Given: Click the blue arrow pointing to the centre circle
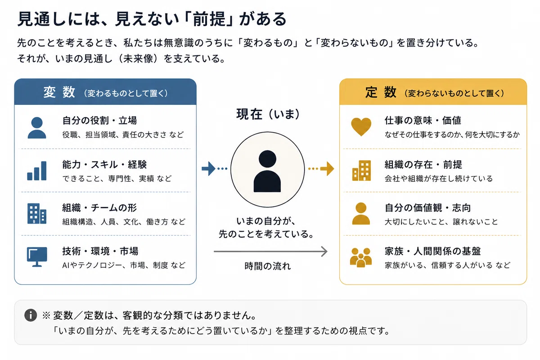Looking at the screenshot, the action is pyautogui.click(x=209, y=168).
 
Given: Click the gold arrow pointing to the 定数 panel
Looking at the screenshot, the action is pyautogui.click(x=327, y=168).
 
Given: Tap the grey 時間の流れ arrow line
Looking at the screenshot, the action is pyautogui.click(x=270, y=252).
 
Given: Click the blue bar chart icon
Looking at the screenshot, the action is pyautogui.click(x=36, y=171).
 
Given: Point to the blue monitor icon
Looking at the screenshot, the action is pyautogui.click(x=37, y=257).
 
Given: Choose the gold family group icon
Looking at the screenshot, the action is pyautogui.click(x=360, y=257).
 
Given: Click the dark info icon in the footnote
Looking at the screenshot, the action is pyautogui.click(x=31, y=315).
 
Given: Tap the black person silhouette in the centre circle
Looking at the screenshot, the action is pyautogui.click(x=267, y=171).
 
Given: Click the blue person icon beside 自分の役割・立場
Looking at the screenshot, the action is pyautogui.click(x=37, y=128).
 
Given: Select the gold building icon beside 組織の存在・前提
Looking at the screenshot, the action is pyautogui.click(x=361, y=171).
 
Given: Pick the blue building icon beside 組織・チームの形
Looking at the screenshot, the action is pyautogui.click(x=37, y=214).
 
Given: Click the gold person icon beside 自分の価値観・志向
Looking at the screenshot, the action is pyautogui.click(x=361, y=214).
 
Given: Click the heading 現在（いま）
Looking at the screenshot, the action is pyautogui.click(x=268, y=114).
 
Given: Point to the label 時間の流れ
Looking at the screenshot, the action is pyautogui.click(x=268, y=266).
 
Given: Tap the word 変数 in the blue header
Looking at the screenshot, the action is pyautogui.click(x=59, y=92).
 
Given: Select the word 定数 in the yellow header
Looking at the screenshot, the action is pyautogui.click(x=381, y=92).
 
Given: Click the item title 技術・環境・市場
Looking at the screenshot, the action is pyautogui.click(x=100, y=251).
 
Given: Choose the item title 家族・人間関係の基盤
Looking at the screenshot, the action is pyautogui.click(x=433, y=251).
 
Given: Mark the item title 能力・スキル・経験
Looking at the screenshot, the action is pyautogui.click(x=104, y=164).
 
